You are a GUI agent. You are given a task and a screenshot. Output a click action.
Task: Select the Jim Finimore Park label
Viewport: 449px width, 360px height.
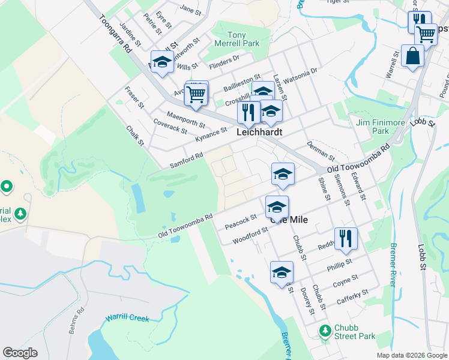(x=381, y=126)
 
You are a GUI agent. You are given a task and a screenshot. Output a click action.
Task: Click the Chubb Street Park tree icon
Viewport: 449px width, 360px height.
(x=325, y=331)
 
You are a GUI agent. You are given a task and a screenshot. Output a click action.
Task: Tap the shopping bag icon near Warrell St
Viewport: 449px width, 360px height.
(x=412, y=56)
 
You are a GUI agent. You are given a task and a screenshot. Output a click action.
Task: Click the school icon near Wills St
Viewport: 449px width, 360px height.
(x=162, y=62)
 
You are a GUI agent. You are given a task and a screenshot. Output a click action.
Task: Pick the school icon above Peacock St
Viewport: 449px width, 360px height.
(x=277, y=208)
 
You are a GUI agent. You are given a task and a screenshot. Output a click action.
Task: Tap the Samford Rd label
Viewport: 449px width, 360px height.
(x=187, y=159)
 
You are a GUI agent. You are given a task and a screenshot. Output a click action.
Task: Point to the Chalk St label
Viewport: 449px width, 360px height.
(x=135, y=135)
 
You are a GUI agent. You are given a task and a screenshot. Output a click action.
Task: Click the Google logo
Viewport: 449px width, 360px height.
(x=20, y=353)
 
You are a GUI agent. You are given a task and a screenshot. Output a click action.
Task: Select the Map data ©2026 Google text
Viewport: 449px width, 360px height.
(x=412, y=355)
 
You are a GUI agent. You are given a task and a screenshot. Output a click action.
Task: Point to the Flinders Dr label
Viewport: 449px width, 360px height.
(x=224, y=61)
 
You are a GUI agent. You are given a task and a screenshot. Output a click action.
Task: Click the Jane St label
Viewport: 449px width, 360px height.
(x=190, y=10)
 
